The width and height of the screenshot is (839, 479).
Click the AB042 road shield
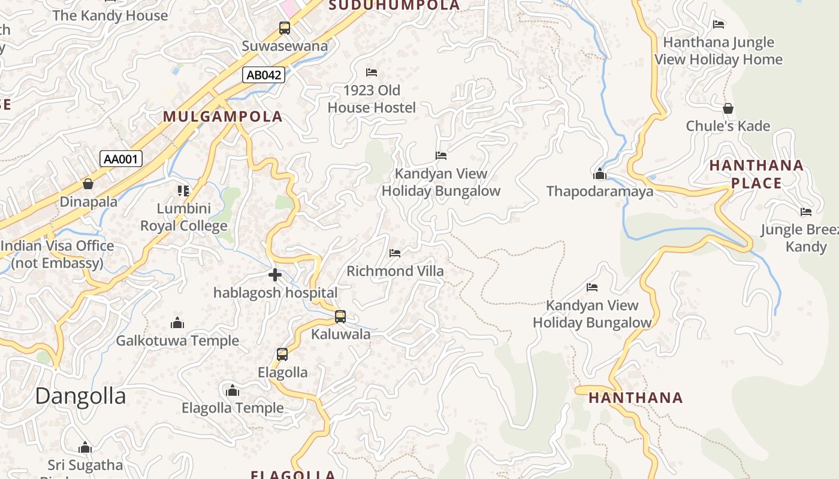(x=264, y=75)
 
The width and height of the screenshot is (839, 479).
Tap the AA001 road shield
(x=121, y=159)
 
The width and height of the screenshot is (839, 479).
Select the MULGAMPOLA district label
(x=222, y=116)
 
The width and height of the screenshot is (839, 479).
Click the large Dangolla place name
(x=80, y=396)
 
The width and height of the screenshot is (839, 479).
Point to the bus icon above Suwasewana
(x=285, y=28)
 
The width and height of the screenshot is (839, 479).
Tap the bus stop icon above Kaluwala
(x=340, y=316)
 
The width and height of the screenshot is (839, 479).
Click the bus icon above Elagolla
(x=282, y=354)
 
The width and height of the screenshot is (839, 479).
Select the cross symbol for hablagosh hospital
(x=275, y=275)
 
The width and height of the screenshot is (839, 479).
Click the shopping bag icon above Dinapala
(x=88, y=184)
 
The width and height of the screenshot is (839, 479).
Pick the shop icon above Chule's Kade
(x=728, y=108)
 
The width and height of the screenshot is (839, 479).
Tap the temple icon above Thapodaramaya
(x=600, y=174)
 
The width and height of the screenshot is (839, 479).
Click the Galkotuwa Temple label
(x=177, y=341)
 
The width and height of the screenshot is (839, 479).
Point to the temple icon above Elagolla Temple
(x=233, y=391)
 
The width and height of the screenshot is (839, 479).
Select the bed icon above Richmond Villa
(x=395, y=253)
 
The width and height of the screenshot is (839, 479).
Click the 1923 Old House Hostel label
(x=372, y=99)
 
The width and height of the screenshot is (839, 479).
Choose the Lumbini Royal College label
(x=184, y=217)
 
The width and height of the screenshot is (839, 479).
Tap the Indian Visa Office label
(x=58, y=254)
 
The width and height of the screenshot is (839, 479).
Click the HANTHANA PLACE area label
(x=756, y=174)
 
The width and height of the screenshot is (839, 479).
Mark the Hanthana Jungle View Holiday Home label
(x=719, y=51)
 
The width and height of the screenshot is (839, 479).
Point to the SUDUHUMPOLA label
(x=395, y=5)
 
